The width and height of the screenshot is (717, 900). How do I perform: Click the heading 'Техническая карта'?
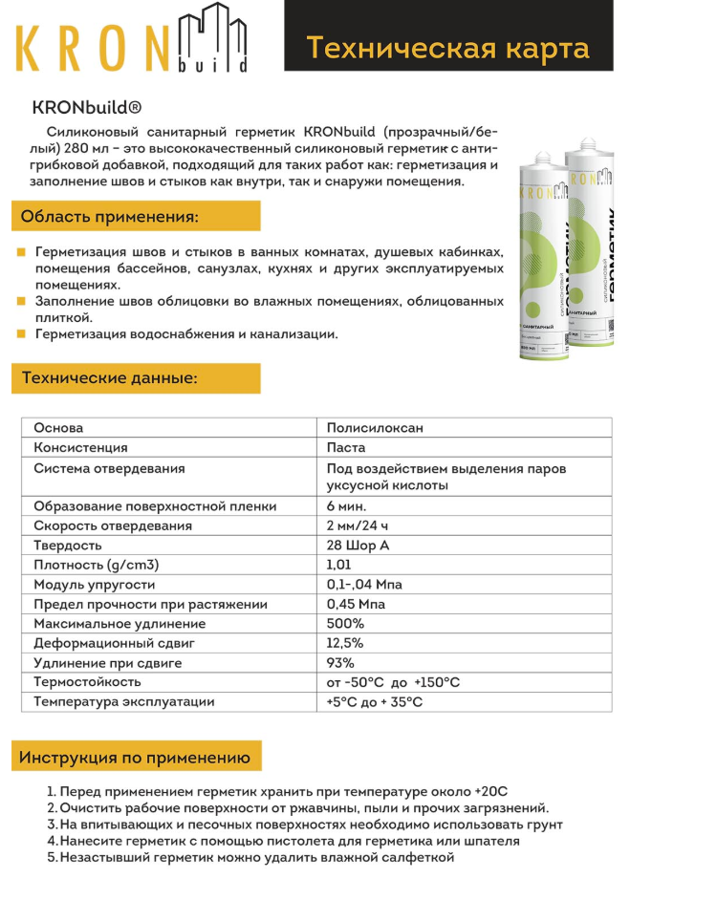click(x=447, y=47)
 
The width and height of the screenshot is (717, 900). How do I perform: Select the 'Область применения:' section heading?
click(x=111, y=217)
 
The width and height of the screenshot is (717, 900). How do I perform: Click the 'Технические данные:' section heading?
click(x=110, y=378)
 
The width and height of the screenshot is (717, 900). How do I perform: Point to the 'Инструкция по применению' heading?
click(x=135, y=758)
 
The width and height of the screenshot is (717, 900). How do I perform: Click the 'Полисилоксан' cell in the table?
click(x=375, y=428)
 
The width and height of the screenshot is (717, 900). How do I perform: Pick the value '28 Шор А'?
click(x=358, y=546)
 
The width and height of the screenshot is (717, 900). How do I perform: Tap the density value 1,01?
click(x=338, y=565)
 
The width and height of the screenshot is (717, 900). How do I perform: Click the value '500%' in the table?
click(x=345, y=624)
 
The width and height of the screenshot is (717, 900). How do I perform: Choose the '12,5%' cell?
click(x=345, y=643)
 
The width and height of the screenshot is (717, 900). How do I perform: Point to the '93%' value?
click(x=340, y=663)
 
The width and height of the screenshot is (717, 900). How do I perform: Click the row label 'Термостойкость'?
click(x=87, y=682)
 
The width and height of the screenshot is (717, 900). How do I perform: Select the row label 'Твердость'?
click(x=68, y=546)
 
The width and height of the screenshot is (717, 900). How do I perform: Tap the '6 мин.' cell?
click(x=346, y=506)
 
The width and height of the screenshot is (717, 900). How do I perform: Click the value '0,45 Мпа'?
click(x=356, y=604)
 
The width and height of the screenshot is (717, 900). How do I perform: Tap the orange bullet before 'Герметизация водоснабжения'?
click(x=20, y=334)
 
